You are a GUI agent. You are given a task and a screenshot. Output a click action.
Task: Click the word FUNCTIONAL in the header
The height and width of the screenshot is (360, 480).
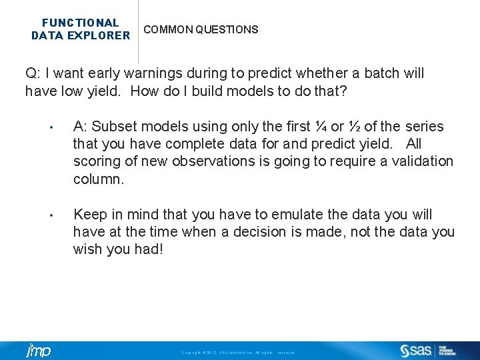[x=81, y=23]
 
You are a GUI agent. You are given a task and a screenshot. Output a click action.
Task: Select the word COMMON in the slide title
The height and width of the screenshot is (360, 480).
[x=166, y=30]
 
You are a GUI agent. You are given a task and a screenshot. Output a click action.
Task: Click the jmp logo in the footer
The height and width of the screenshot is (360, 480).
[x=38, y=351]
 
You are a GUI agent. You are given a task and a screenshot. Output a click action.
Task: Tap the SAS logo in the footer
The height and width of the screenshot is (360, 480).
[x=416, y=351]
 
